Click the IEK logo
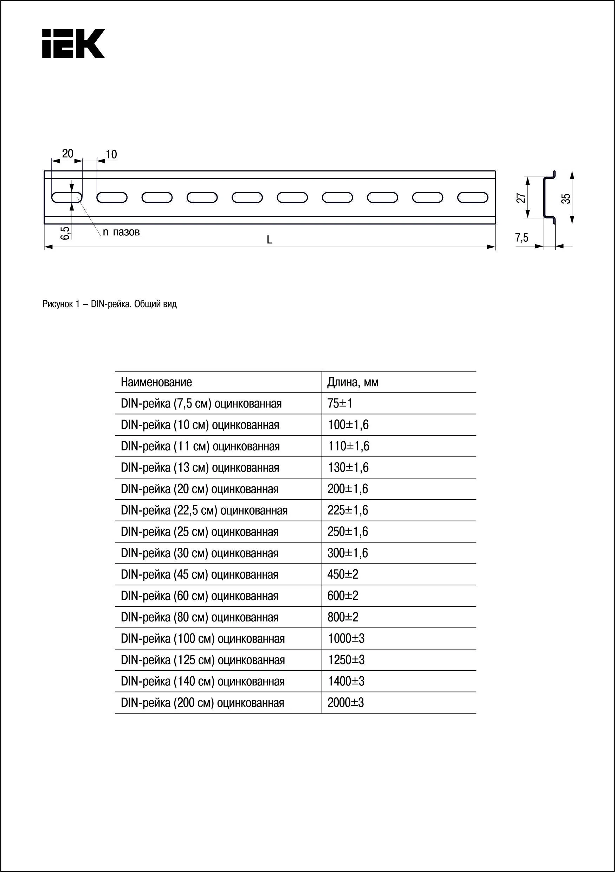point(73,44)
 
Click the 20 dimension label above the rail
point(67,154)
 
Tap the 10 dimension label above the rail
point(111,155)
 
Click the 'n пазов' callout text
point(121,232)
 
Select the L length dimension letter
point(269,240)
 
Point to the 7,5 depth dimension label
point(522,238)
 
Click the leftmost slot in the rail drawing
point(67,197)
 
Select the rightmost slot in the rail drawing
point(472,197)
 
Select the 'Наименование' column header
point(156,382)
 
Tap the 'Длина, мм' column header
point(353,382)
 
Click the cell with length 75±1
point(340,403)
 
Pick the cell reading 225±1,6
point(348,510)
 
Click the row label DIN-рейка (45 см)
point(199,574)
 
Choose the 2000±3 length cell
point(346,703)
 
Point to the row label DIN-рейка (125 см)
point(203,660)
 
